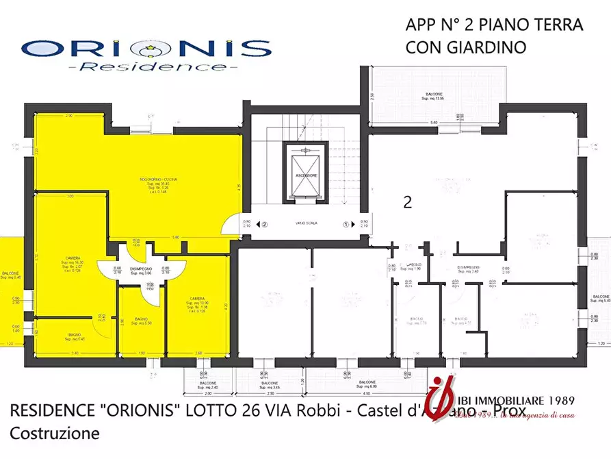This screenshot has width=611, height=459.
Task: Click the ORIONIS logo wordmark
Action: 146,49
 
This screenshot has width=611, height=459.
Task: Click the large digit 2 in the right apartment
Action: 408,202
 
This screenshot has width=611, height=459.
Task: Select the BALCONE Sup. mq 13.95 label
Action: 432,97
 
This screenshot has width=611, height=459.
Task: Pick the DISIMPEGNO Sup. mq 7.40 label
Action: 469,269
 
